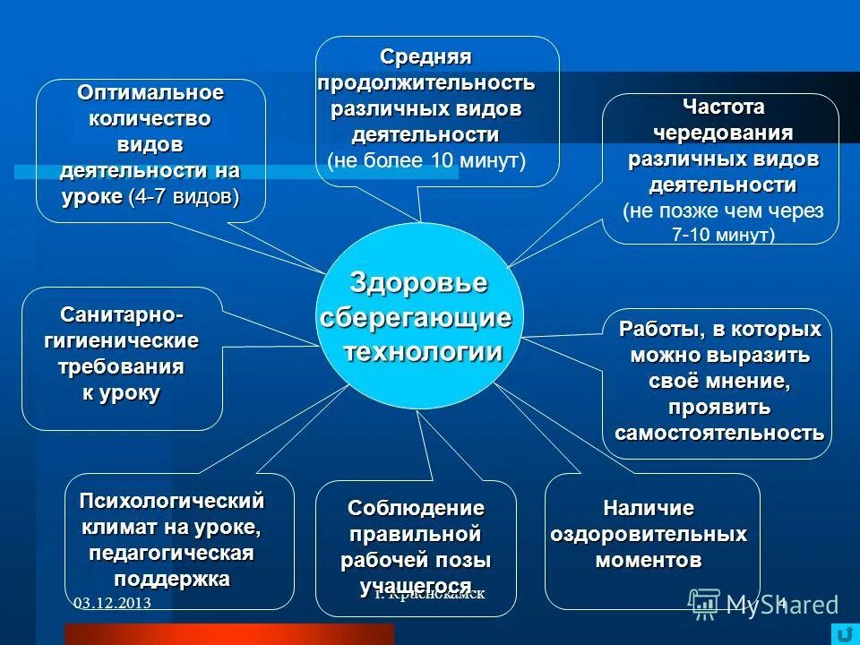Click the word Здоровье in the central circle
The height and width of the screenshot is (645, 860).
(418, 283)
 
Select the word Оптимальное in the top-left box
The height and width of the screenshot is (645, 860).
(150, 93)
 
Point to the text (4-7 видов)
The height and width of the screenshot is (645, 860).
(184, 196)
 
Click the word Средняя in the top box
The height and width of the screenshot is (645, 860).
(426, 57)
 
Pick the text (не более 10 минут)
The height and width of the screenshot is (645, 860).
(426, 161)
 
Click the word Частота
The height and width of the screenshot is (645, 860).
(724, 107)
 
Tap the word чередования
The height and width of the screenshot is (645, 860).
(723, 133)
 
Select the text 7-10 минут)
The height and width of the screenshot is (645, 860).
(723, 236)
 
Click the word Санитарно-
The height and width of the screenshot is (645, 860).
(122, 316)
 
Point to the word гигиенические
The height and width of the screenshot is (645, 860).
(122, 342)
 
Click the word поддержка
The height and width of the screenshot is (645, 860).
(172, 579)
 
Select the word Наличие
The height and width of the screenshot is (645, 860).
(649, 509)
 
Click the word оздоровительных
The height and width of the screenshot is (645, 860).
(649, 535)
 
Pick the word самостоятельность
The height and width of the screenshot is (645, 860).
(719, 434)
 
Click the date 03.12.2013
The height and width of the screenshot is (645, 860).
(112, 604)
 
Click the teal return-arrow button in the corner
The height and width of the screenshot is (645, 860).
(843, 632)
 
